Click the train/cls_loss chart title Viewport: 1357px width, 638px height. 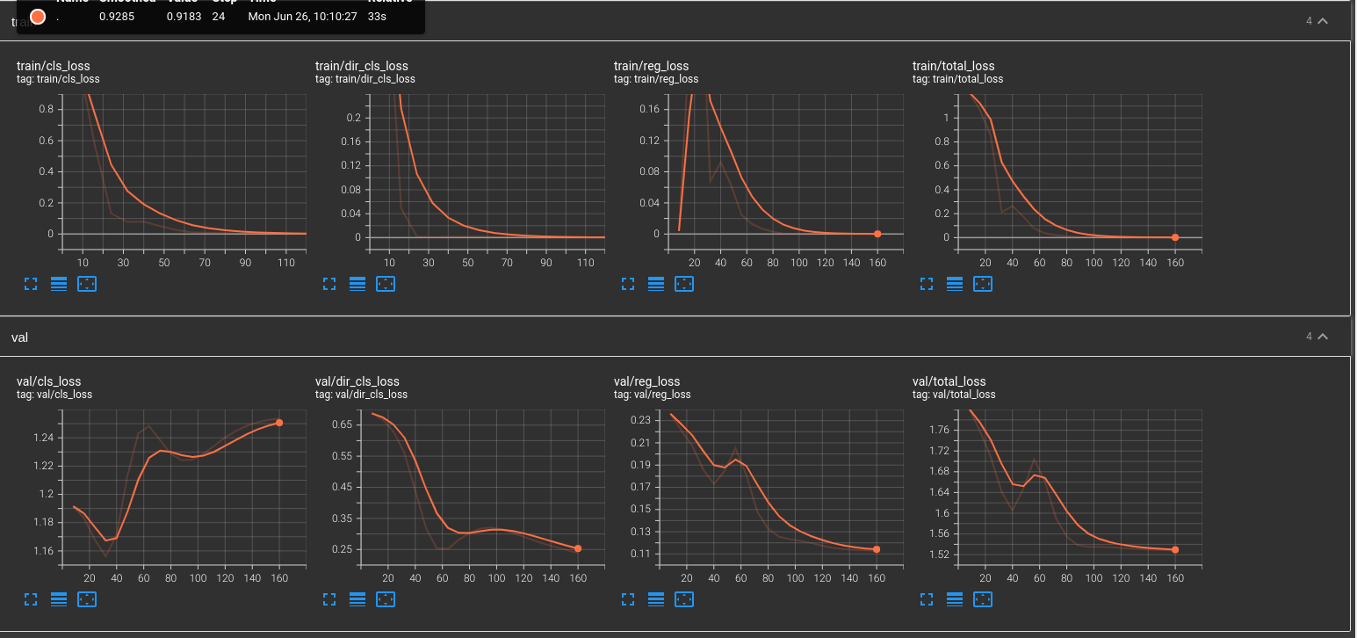(53, 66)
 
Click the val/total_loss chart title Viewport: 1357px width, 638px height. (949, 381)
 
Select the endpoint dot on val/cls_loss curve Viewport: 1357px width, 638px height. (279, 423)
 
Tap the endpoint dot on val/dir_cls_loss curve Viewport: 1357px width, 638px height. (578, 548)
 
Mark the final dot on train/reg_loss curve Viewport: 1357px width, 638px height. (877, 234)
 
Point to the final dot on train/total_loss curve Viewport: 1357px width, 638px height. (1175, 237)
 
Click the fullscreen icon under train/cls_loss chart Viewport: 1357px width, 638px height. (31, 284)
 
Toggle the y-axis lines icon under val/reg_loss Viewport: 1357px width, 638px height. (656, 599)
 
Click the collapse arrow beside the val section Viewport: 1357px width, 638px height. (1323, 337)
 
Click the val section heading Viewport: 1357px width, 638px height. (19, 337)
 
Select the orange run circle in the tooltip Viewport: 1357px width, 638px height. (38, 17)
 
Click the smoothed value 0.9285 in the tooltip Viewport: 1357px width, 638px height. (116, 17)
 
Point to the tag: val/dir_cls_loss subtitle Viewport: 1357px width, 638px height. (361, 395)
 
